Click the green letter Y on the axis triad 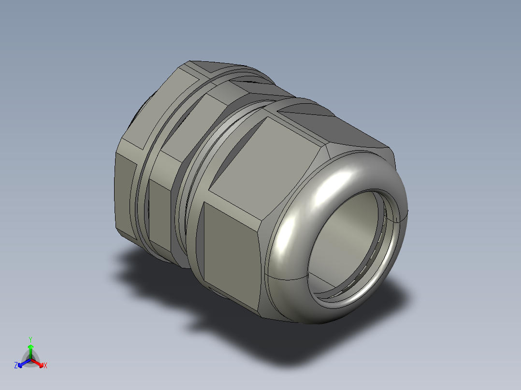click(30, 339)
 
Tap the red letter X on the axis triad click(45, 365)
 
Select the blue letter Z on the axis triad click(16, 365)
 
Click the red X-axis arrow click(37, 363)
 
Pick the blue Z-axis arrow click(24, 363)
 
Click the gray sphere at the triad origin click(30, 359)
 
